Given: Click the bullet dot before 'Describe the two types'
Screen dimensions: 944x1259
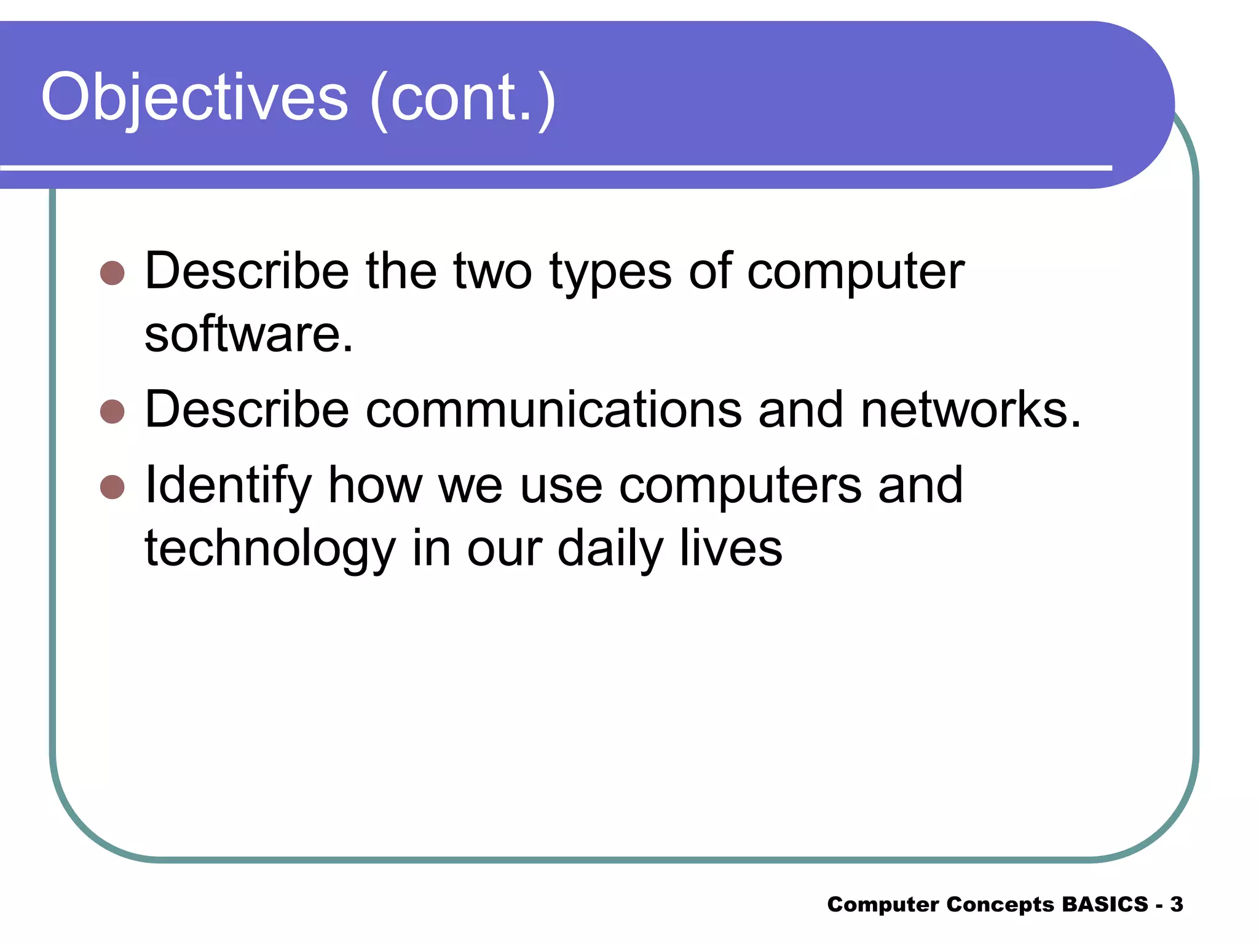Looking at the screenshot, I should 112,272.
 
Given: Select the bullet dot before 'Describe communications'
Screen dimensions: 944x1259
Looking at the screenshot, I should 112,411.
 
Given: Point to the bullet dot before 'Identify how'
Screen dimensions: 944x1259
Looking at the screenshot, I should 112,487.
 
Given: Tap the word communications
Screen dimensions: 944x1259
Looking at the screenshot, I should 553,410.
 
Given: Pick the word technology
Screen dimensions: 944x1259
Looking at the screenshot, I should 269,549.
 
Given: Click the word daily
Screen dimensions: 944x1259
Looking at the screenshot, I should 610,549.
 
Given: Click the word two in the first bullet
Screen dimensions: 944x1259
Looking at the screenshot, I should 492,272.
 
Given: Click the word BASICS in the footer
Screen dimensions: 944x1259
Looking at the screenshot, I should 1105,904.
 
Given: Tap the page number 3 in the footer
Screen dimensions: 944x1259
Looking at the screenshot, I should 1176,904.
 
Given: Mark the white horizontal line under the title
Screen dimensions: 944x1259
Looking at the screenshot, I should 553,167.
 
